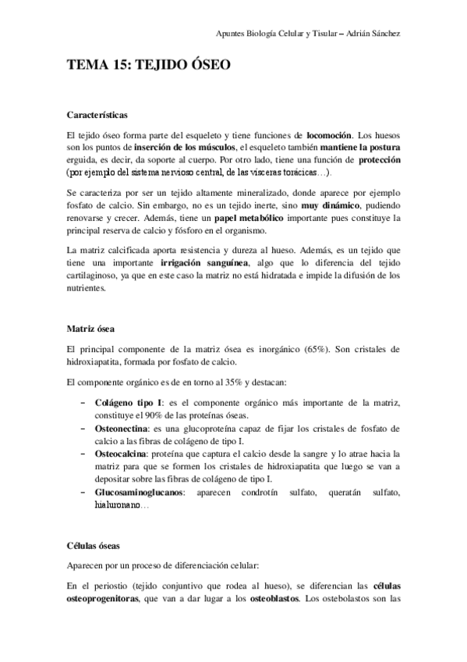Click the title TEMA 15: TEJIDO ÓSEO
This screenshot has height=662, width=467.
click(x=148, y=66)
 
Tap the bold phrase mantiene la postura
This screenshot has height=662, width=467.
click(x=356, y=148)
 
